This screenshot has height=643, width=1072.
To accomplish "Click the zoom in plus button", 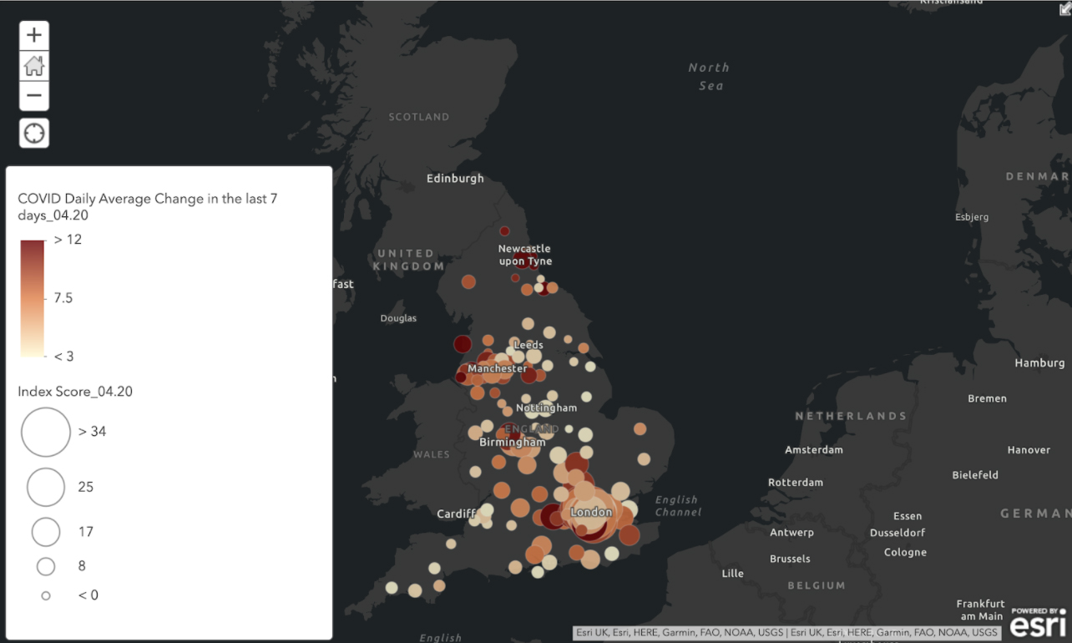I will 34,35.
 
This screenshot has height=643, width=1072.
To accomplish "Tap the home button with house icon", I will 34,66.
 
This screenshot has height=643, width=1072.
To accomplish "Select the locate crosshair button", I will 34,133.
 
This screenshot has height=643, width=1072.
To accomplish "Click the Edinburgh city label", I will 455,179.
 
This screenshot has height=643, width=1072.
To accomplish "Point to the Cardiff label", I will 456,514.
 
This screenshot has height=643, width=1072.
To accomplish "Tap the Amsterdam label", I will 813,450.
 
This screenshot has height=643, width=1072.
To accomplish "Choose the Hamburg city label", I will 1039,363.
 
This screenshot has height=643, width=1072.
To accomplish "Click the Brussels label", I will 790,559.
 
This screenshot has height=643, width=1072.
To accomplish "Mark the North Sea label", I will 709,76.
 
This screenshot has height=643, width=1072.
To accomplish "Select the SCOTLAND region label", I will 419,117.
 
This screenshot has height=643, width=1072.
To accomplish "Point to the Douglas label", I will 398,318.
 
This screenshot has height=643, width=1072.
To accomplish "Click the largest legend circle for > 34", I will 46,432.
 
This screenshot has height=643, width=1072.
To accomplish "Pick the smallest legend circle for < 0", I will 46,595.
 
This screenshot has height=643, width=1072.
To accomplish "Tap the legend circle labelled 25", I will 46,488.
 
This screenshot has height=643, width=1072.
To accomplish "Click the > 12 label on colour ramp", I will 68,240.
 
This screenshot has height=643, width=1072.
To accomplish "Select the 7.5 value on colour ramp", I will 63,298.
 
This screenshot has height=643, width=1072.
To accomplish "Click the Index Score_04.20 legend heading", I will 75,392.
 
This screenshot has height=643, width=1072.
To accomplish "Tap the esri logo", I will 1038,623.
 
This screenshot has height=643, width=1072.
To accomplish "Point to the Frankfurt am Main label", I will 981,610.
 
